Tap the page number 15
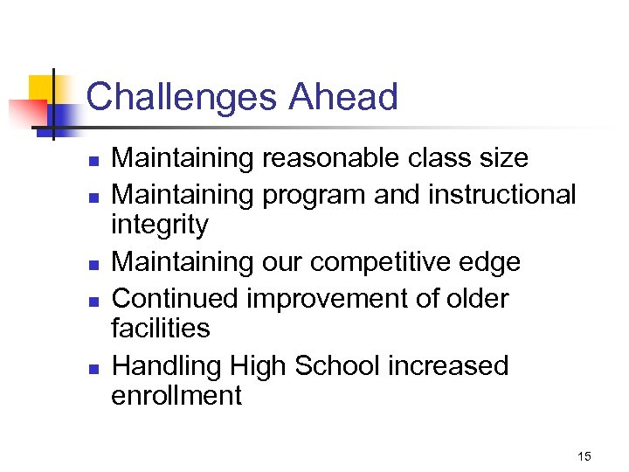tap(584, 456)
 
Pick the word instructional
tap(502, 193)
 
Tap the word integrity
tap(160, 226)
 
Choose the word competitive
tap(394, 262)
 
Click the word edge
tap(493, 262)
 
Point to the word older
tap(476, 298)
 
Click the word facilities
tap(161, 329)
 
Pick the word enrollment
tap(176, 395)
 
